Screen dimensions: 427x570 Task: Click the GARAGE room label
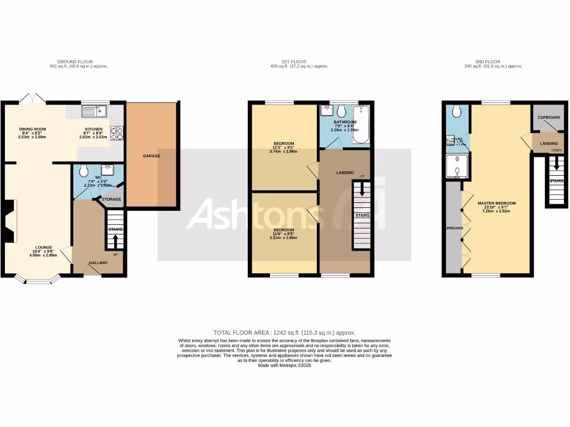coord(151,156)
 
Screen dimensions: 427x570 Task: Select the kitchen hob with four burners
coord(117,133)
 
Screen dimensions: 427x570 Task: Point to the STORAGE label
coord(111,199)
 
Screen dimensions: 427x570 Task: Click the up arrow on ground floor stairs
coord(115,240)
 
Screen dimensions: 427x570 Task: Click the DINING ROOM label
coord(33,129)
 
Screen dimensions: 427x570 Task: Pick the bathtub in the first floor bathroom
coord(362,124)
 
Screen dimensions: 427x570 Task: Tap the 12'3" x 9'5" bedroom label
coord(283,143)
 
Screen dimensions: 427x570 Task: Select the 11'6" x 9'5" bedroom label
coord(283,230)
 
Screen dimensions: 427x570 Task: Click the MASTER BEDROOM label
coord(497,203)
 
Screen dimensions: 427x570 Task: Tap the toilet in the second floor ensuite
coord(457,112)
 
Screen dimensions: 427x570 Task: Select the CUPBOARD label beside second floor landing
coord(549,118)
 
